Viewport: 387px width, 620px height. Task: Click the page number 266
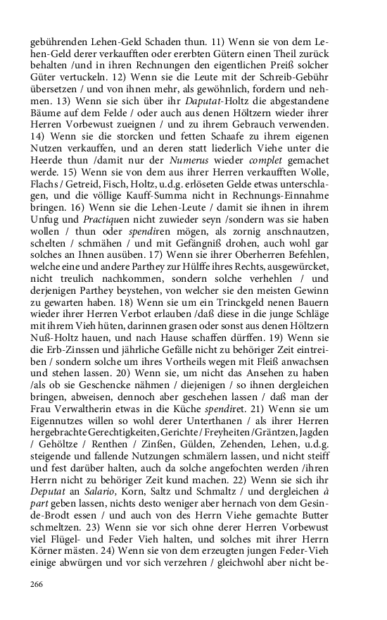37,584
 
